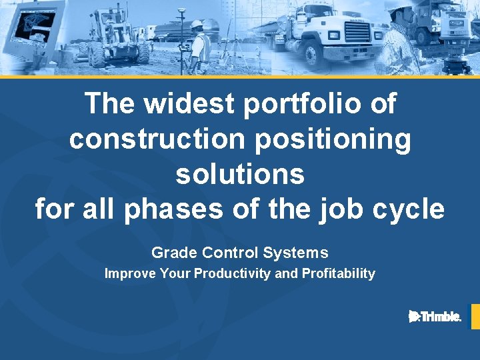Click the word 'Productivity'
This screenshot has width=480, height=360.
[233, 273]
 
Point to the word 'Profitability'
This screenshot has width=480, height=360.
[339, 273]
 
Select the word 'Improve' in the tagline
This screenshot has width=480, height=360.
[130, 273]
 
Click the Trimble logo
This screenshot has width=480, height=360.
[435, 317]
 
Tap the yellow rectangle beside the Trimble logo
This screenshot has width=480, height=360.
[475, 317]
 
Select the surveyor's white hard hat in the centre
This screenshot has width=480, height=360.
[197, 25]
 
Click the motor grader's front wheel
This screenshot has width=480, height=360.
[97, 55]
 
